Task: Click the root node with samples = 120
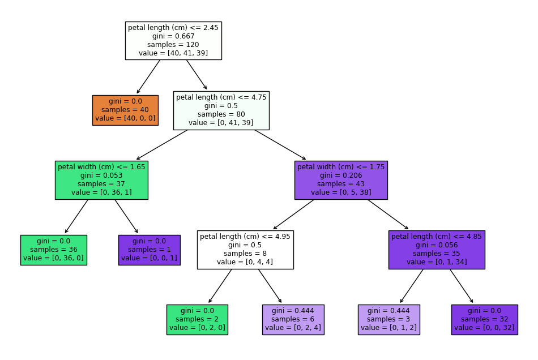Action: click(x=173, y=40)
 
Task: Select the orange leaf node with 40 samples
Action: click(x=125, y=110)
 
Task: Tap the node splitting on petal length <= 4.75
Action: click(x=221, y=110)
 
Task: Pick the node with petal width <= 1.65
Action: click(x=101, y=180)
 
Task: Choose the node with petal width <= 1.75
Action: click(x=341, y=180)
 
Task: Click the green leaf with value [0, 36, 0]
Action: click(x=54, y=250)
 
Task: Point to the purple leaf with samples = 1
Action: click(x=150, y=250)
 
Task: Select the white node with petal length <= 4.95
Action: click(x=245, y=250)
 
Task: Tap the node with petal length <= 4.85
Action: click(x=437, y=250)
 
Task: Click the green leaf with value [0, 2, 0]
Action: click(x=197, y=319)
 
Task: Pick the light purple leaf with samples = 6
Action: click(x=293, y=319)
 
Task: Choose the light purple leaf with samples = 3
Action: click(x=389, y=319)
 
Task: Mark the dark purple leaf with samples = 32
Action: click(x=485, y=319)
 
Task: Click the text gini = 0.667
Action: click(x=173, y=36)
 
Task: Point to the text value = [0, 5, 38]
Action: click(x=341, y=192)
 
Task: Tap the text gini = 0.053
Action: click(x=101, y=175)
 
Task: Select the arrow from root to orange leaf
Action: click(x=148, y=76)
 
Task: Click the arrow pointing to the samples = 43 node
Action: click(x=280, y=145)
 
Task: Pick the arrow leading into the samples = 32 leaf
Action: click(x=462, y=286)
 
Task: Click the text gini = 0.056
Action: click(x=437, y=245)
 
